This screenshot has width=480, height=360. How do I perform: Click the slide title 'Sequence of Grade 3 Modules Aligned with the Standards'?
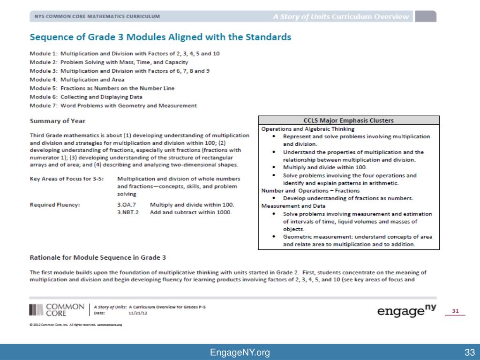(x=160, y=37)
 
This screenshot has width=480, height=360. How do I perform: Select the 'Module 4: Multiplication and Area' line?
(x=77, y=80)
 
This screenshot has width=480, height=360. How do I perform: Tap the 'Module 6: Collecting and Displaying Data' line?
(x=86, y=97)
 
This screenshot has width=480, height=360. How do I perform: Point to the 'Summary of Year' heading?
(x=58, y=121)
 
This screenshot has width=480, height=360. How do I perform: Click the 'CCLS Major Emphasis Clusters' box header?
(x=349, y=120)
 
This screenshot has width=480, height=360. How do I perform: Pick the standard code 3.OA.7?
(x=126, y=205)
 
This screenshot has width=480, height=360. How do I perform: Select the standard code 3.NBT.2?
(x=128, y=212)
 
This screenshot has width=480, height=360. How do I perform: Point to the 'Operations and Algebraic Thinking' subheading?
(x=307, y=129)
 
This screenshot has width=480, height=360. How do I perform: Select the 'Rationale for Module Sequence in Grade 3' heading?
(x=98, y=257)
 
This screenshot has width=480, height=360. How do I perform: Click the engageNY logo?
(x=406, y=311)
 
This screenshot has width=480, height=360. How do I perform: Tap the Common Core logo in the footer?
(x=57, y=310)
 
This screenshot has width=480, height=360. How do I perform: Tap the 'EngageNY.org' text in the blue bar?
(x=240, y=352)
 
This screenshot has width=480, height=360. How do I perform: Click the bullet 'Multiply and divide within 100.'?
(x=325, y=167)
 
